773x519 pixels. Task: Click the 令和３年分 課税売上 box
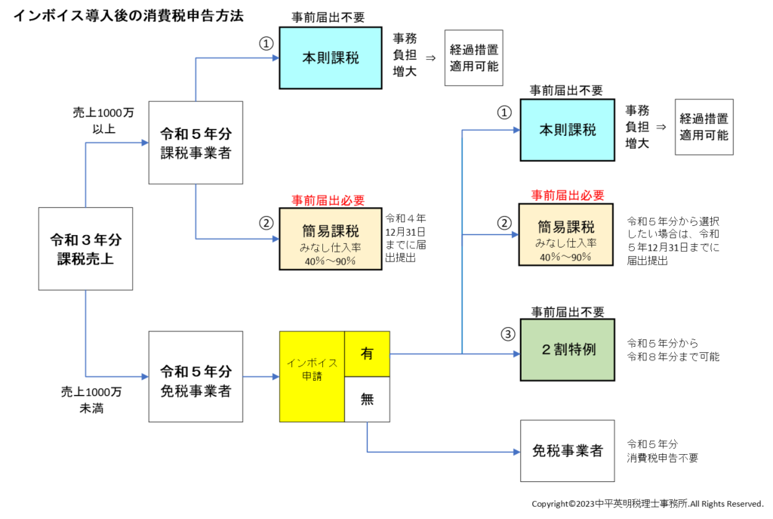point(85,249)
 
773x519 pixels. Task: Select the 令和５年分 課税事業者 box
point(196,143)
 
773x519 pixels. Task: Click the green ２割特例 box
point(568,351)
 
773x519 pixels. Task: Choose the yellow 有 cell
point(367,354)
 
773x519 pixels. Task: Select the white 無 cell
point(367,400)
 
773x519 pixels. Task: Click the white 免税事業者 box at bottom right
point(568,451)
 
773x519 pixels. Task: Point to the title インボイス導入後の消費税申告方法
point(128,14)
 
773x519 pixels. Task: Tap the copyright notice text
point(648,504)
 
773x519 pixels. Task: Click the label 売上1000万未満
point(91,400)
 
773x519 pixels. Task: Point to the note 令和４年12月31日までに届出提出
point(405,236)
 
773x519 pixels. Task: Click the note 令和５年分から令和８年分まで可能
point(672,349)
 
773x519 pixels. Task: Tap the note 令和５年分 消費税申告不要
point(662,451)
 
